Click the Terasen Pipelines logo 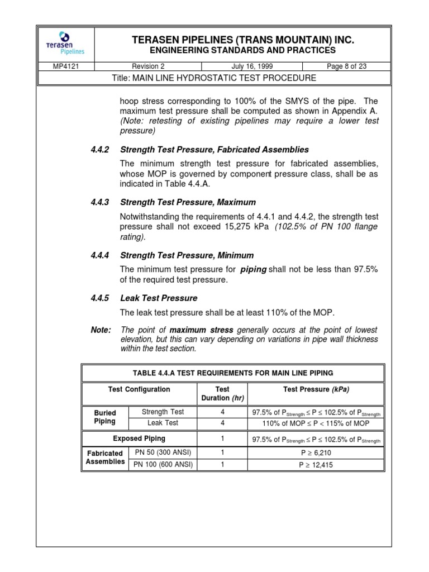coord(65,43)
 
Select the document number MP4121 coord(65,66)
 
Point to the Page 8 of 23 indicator coord(347,66)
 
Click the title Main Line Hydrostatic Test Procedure coord(214,78)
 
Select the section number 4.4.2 coord(101,150)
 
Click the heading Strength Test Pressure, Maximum coord(188,202)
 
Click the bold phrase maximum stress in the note coord(201,330)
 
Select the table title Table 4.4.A coord(233,373)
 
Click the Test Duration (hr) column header coord(222,393)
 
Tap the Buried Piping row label coord(104,417)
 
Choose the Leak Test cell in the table coord(163,423)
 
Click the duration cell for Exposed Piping coord(222,439)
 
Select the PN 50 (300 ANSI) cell coord(163,452)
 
